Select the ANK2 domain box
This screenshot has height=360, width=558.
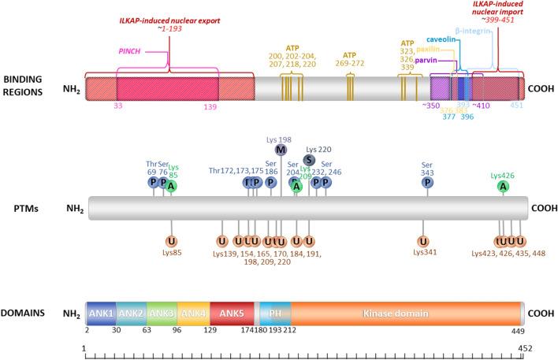131,314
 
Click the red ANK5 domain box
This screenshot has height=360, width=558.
253,314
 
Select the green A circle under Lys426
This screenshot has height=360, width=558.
503,186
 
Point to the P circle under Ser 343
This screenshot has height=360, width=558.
426,183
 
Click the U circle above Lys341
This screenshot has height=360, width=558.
424,240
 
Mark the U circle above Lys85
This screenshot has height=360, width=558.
171,240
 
